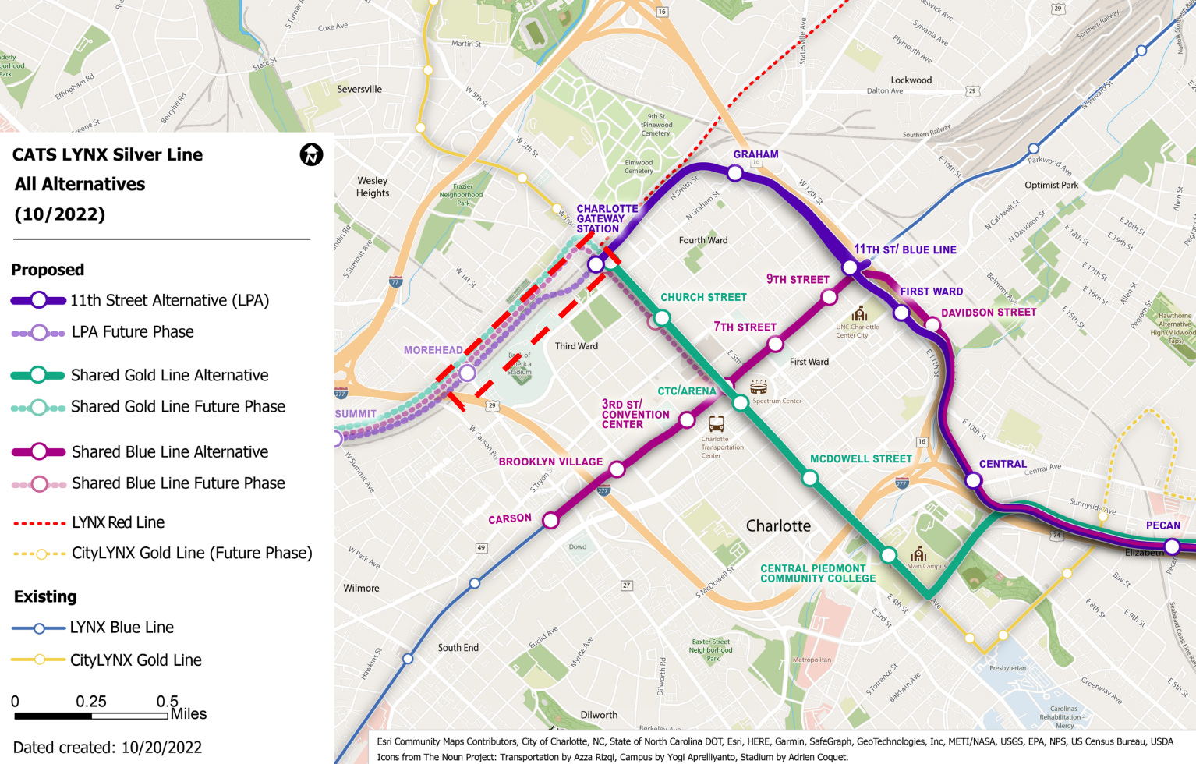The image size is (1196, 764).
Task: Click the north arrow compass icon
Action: (x=311, y=154)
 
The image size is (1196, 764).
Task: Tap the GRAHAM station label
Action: (x=755, y=154)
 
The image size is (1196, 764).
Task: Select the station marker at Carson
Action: (x=550, y=520)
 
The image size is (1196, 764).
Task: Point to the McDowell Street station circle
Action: (x=810, y=478)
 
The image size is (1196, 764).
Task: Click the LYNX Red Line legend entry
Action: (x=118, y=522)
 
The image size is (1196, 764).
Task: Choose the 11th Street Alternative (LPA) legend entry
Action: (x=169, y=300)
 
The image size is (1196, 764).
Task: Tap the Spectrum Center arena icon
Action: (x=758, y=387)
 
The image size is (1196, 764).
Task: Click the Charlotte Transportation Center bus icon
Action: (x=716, y=424)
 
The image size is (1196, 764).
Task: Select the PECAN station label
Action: (x=1162, y=525)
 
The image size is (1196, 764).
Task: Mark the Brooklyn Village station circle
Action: (x=617, y=469)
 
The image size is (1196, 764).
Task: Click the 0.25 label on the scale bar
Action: (x=91, y=701)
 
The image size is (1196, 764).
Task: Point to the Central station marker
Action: (x=973, y=480)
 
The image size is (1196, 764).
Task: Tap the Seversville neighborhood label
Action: (x=359, y=89)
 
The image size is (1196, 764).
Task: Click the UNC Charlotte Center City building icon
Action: (x=859, y=313)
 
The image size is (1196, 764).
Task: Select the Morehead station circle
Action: (x=467, y=373)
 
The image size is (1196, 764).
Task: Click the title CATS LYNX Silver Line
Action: (x=108, y=154)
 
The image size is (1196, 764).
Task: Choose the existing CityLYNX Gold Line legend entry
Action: (x=135, y=660)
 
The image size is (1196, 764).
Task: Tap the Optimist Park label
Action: (x=1051, y=185)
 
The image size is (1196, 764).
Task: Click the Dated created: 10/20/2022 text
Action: (x=108, y=747)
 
